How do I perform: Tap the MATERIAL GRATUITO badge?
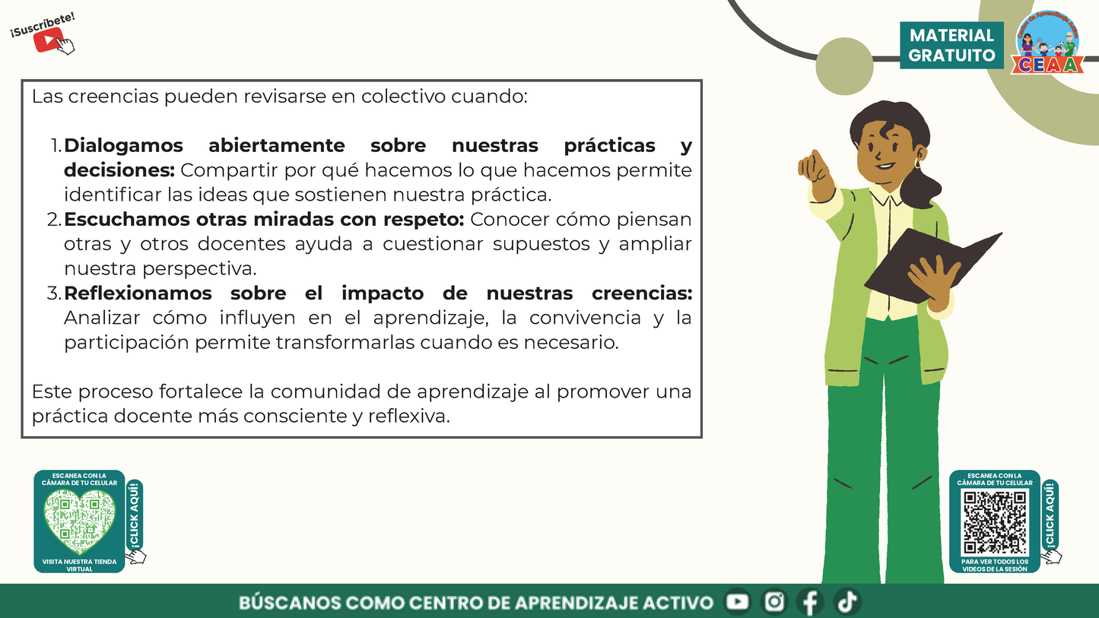click(x=951, y=46)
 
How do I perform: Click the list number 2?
click(x=53, y=220)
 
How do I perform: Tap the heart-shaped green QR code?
click(x=79, y=521)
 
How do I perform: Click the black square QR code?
click(x=995, y=521)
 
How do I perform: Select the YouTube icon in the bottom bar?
click(x=737, y=602)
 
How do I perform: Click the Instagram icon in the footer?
click(x=774, y=602)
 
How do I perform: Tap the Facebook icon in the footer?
click(x=811, y=602)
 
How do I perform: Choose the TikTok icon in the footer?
click(x=846, y=602)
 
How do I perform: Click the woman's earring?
click(x=917, y=163)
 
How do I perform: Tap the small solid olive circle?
click(x=844, y=66)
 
